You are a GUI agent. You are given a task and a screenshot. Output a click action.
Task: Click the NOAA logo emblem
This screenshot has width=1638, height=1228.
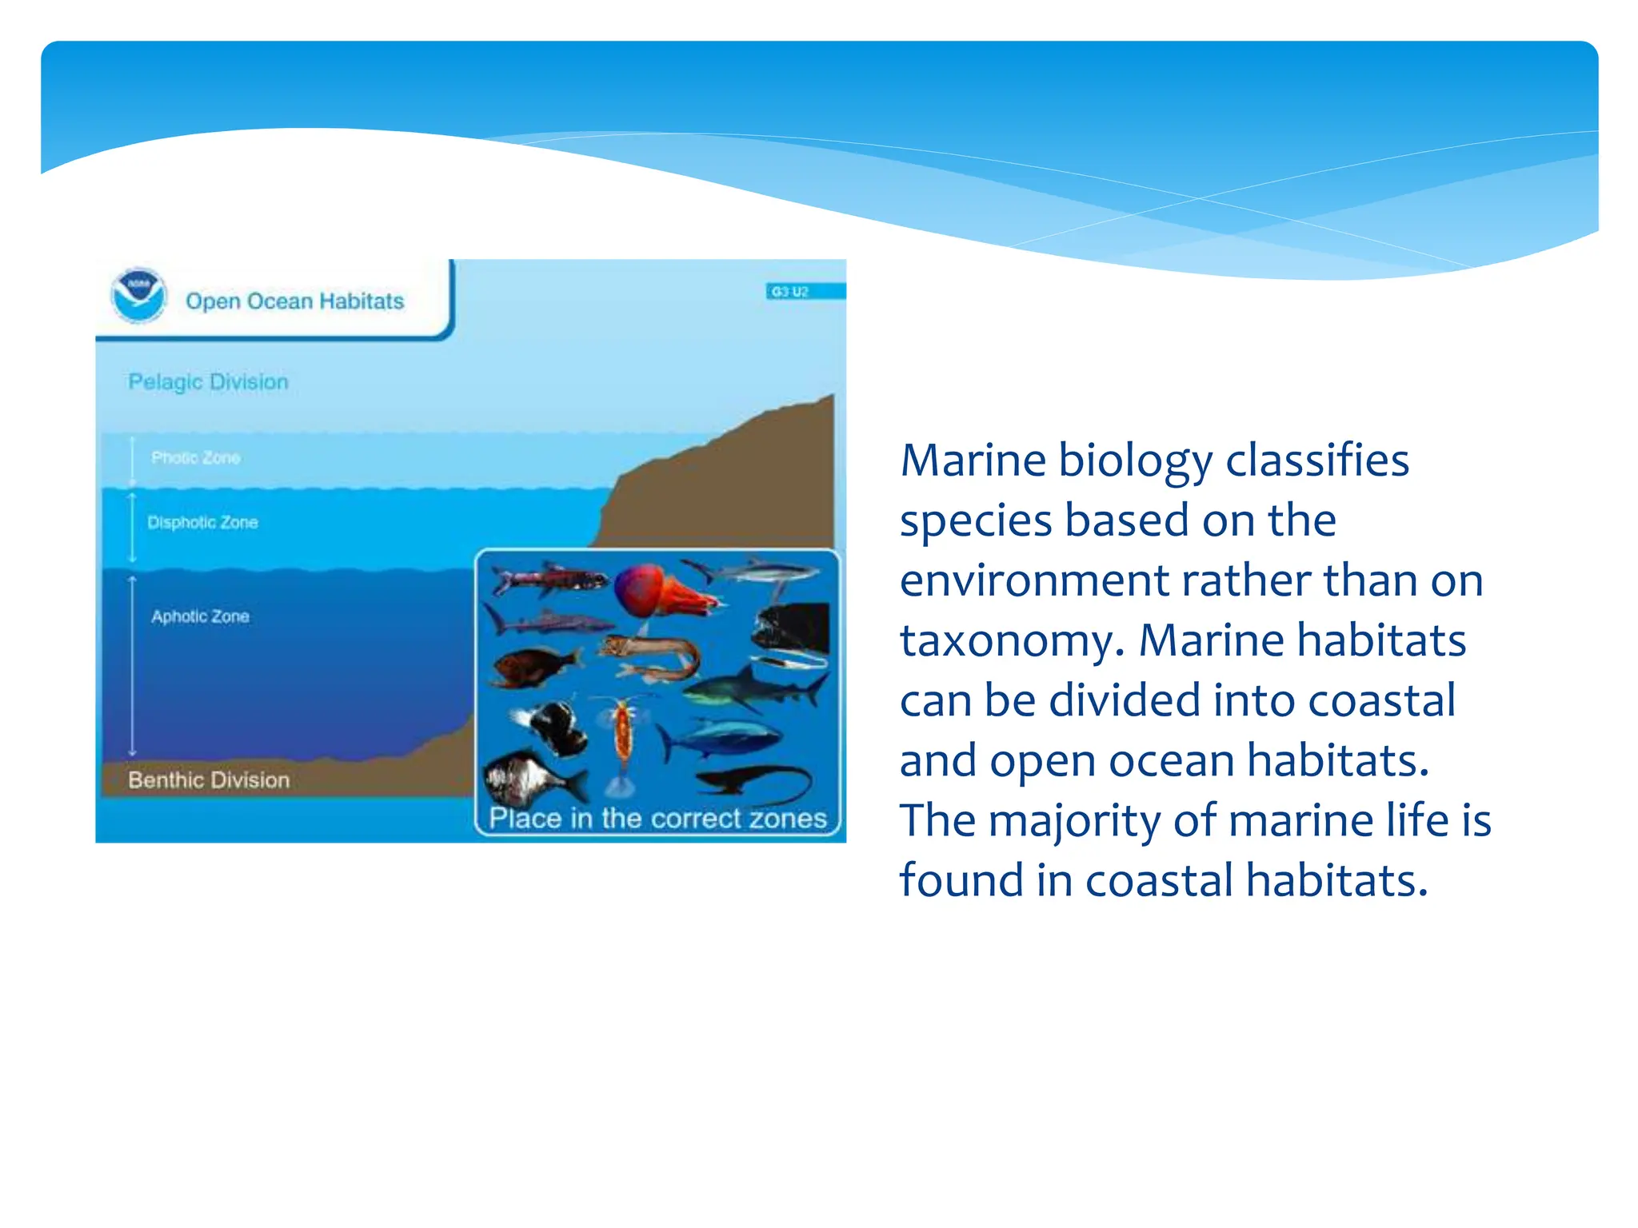pyautogui.click(x=139, y=296)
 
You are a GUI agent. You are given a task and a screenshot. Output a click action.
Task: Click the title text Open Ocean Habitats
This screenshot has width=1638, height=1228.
pyautogui.click(x=294, y=301)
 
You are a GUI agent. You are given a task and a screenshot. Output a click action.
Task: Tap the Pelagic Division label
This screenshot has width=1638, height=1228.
pyautogui.click(x=208, y=382)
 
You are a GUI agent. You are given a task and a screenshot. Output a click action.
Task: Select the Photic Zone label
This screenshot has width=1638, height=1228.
pyautogui.click(x=196, y=458)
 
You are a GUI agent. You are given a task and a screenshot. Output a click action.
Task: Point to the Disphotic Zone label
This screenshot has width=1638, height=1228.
pyautogui.click(x=202, y=523)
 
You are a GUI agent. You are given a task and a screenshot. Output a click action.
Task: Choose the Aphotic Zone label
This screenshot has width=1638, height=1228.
pyautogui.click(x=200, y=616)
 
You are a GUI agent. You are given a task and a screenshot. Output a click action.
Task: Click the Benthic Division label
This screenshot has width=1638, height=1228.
pyautogui.click(x=209, y=779)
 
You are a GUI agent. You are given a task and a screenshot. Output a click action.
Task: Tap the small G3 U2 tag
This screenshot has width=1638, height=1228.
pyautogui.click(x=789, y=292)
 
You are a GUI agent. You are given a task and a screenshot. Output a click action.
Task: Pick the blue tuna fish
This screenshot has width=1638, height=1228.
pyautogui.click(x=720, y=740)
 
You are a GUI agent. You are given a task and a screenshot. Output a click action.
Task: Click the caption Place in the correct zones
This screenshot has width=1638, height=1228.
pyautogui.click(x=657, y=819)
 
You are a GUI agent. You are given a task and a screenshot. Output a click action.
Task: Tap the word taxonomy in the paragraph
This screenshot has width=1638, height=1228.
pyautogui.click(x=1007, y=641)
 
